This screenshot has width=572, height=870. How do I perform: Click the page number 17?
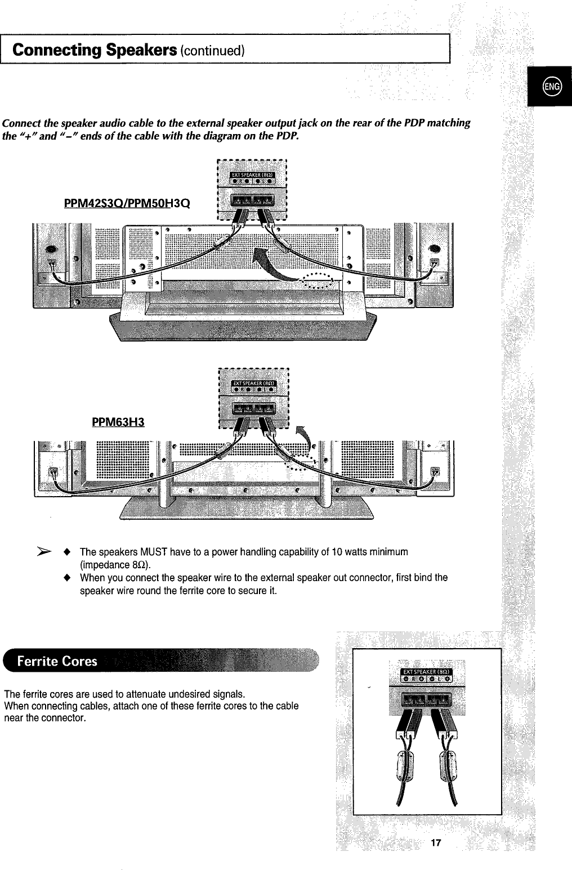434,843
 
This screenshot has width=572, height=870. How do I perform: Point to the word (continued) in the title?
212,51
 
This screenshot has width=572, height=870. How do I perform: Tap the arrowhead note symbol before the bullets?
43,550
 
